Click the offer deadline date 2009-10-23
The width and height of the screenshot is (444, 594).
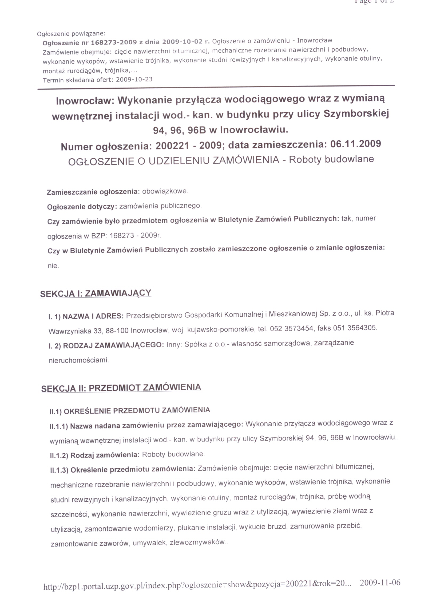tap(134, 80)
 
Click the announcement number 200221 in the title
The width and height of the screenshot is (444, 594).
tap(172, 146)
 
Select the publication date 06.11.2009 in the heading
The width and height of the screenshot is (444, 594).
tap(355, 144)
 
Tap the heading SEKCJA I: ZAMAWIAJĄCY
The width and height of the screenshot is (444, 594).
tap(96, 293)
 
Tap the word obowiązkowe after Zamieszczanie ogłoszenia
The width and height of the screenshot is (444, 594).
tap(165, 191)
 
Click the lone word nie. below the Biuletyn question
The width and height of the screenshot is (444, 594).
tap(53, 266)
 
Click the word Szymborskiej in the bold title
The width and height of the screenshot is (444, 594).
tap(356, 114)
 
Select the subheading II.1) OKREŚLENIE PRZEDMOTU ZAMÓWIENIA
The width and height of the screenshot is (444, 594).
tap(130, 410)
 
